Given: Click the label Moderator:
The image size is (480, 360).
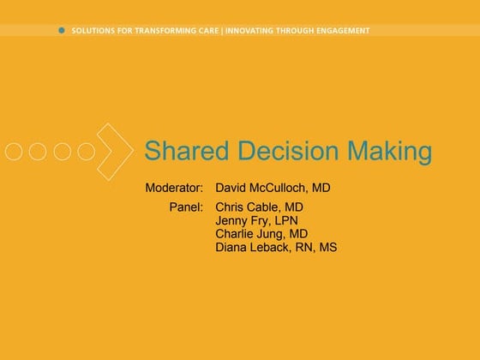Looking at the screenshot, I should click(x=174, y=188).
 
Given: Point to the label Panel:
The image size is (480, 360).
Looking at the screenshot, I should click(x=186, y=207).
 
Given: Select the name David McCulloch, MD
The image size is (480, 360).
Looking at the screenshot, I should click(x=273, y=188).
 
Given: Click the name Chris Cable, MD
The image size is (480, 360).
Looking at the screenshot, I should click(x=259, y=207).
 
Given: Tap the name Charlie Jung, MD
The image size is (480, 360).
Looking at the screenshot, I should click(x=261, y=234).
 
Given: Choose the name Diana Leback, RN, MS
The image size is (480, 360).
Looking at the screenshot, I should click(x=276, y=248).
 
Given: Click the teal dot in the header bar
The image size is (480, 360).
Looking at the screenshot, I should click(x=61, y=30).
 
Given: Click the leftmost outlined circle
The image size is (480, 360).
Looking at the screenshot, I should click(x=14, y=152).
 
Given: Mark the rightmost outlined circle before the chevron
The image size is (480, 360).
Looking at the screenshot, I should click(x=86, y=152).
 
